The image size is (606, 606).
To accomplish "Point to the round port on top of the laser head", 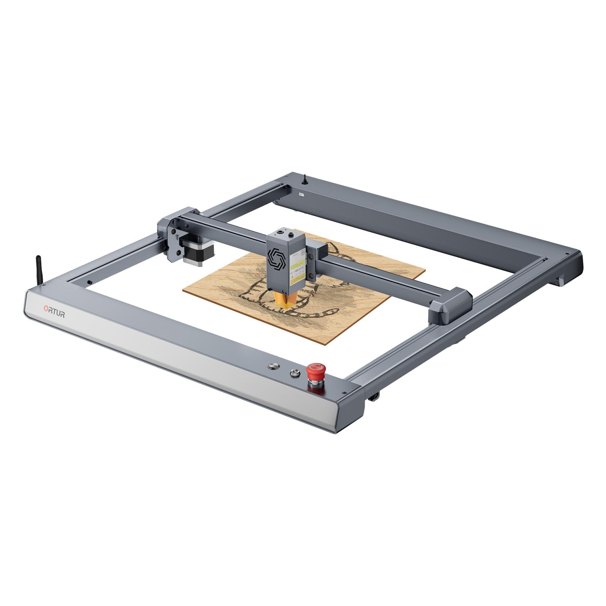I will click(x=280, y=230).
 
